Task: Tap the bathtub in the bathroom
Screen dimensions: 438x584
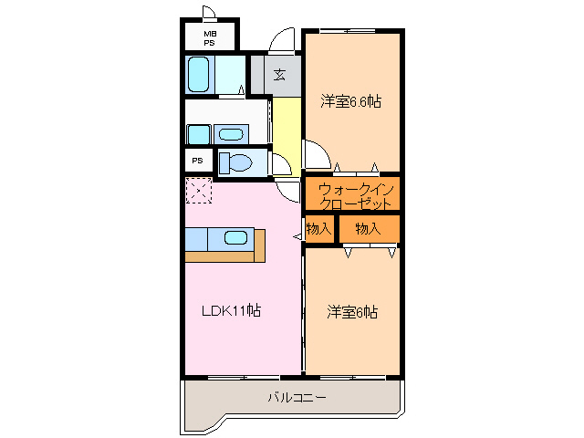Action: (x=199, y=74)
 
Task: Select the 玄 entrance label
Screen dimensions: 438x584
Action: (x=279, y=75)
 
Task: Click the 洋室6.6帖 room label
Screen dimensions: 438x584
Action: (x=350, y=101)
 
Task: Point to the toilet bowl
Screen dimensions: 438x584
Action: (x=237, y=162)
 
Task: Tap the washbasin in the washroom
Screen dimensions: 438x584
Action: (x=232, y=134)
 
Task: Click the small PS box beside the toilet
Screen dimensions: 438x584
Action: (x=196, y=161)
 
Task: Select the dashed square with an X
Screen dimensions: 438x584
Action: (x=198, y=192)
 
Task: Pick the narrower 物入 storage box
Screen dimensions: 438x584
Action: (x=318, y=229)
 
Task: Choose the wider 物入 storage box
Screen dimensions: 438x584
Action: (x=368, y=229)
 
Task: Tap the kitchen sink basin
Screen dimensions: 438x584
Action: (x=235, y=238)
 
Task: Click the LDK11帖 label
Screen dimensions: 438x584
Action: (x=231, y=310)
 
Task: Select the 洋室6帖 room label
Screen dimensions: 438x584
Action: (x=352, y=312)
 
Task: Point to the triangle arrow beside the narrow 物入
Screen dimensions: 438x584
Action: (x=297, y=237)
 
